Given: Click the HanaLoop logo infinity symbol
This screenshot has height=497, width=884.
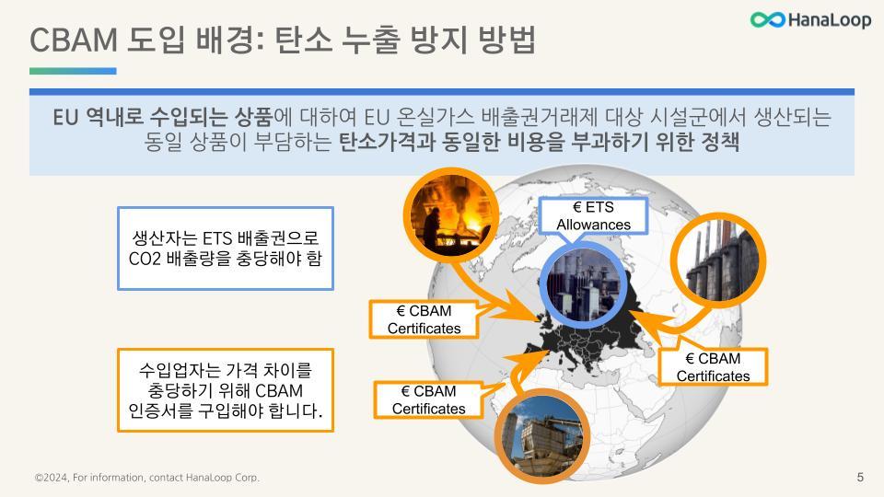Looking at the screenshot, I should tap(767, 19).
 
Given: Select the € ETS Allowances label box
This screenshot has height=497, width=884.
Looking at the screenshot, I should tap(594, 216).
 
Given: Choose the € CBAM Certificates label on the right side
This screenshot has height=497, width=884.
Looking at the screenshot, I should tap(713, 366).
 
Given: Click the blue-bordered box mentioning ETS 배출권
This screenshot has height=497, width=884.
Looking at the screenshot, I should tap(226, 248).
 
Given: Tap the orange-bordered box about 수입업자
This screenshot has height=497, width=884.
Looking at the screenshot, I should tap(226, 390).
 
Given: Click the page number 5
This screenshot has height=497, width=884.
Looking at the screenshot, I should tap(860, 477).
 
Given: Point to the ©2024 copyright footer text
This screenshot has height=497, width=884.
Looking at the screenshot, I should tap(147, 478).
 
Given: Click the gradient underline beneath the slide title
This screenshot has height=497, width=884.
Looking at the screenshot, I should tap(73, 71).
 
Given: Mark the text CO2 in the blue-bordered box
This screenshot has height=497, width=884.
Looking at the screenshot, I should tap(145, 259).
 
